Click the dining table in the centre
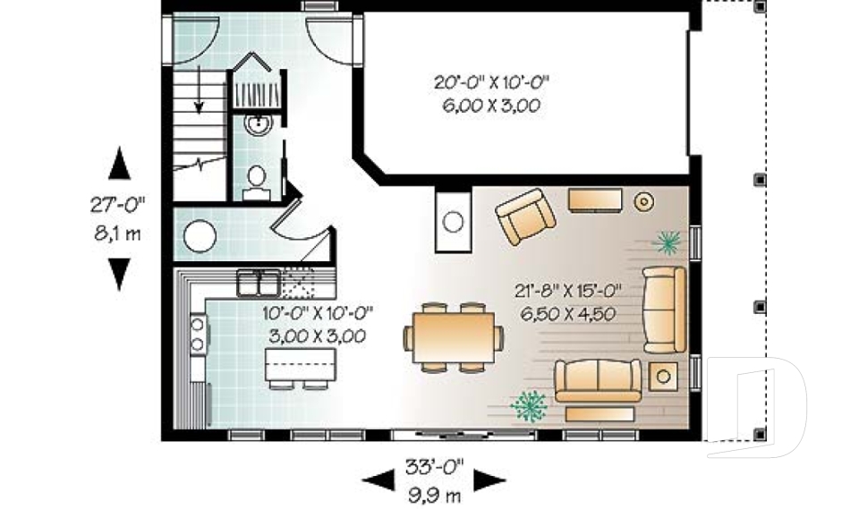point(453,337)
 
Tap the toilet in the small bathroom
point(256,183)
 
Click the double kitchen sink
point(259,283)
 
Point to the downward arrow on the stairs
point(199,89)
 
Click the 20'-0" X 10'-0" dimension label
point(491,82)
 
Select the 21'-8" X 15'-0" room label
point(567,291)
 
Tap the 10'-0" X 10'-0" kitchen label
point(318,313)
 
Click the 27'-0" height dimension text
point(117,205)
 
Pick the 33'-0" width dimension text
point(435,467)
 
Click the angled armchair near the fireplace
point(526,216)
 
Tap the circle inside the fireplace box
point(453,222)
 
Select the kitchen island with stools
point(301,367)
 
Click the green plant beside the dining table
point(529,406)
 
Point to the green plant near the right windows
point(668,242)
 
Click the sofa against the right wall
point(664,309)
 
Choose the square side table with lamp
point(663,377)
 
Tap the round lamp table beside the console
point(643,201)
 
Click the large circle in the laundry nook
point(200,236)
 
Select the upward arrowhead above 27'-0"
point(119,164)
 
